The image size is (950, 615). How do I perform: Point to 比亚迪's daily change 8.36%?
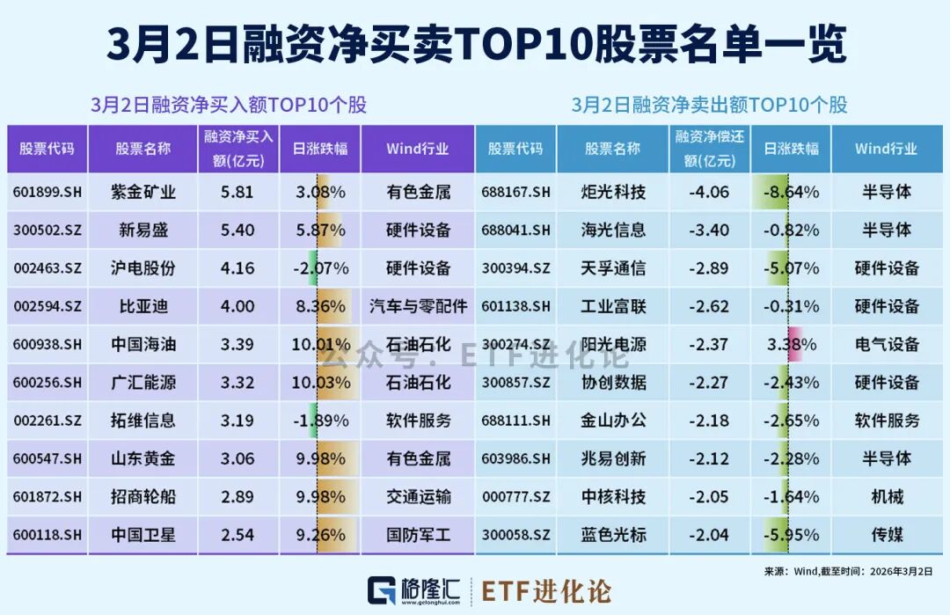click(x=319, y=307)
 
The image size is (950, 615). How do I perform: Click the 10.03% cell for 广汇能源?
click(x=320, y=383)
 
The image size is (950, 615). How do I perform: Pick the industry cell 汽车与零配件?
click(x=418, y=307)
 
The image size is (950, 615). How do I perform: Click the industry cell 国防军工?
click(x=418, y=535)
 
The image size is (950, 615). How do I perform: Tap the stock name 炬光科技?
click(x=613, y=192)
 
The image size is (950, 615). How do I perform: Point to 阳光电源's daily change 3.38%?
click(x=790, y=345)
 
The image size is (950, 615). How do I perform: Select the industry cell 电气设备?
click(x=887, y=345)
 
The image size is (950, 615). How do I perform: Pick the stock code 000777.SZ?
click(x=516, y=497)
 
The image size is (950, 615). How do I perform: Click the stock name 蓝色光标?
click(x=613, y=535)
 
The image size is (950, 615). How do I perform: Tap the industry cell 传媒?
click(x=887, y=535)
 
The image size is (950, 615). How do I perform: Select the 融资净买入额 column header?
click(x=238, y=149)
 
